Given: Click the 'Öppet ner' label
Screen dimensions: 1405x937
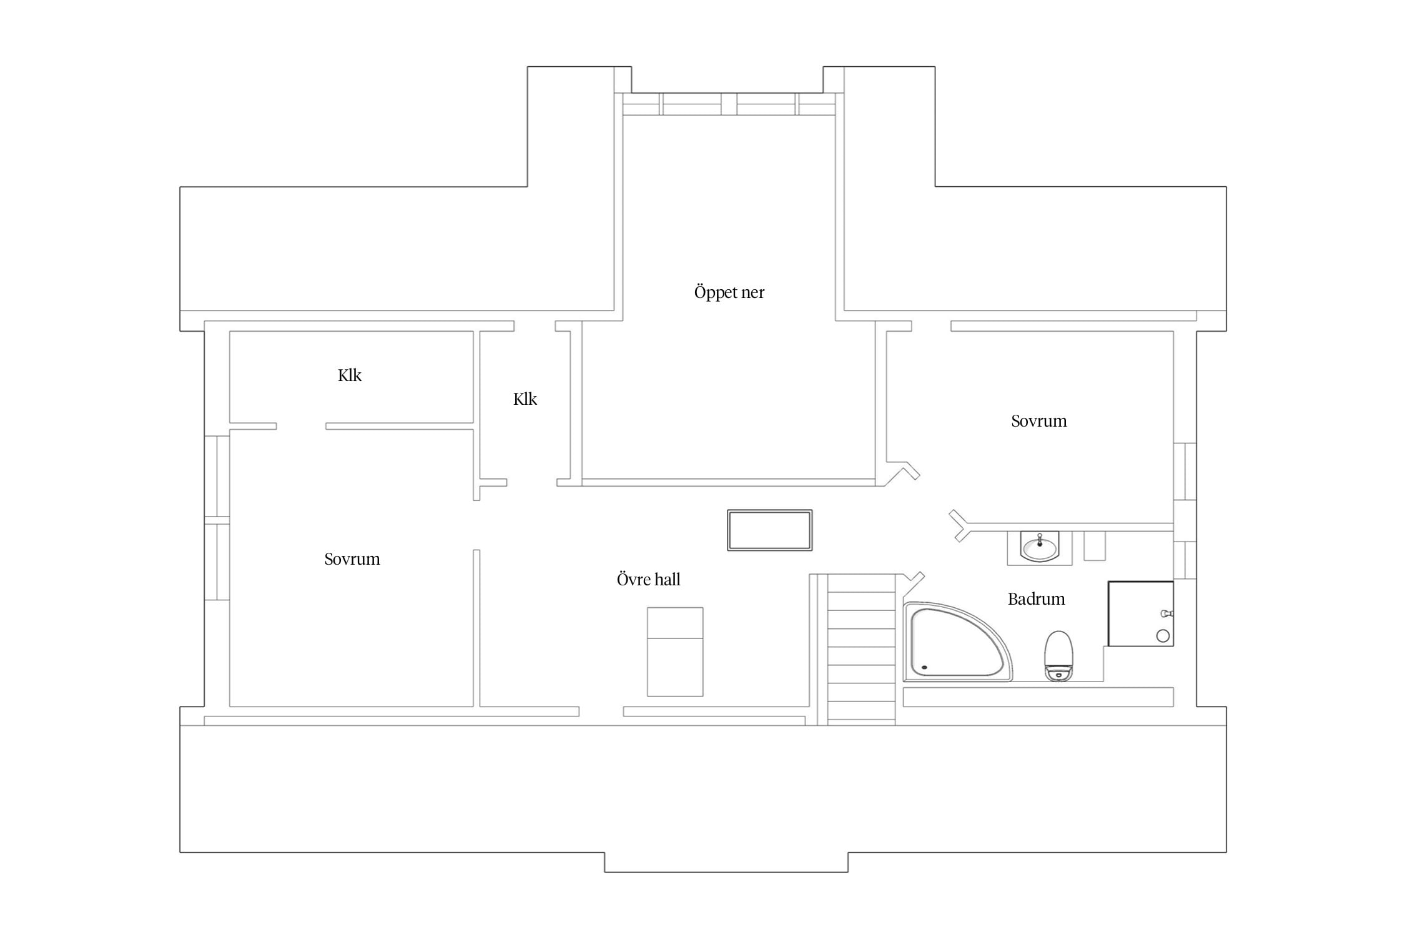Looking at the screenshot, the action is pos(729,292).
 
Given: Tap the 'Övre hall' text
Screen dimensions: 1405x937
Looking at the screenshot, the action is pos(648,579).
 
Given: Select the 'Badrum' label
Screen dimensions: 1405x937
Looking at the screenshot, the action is pos(1036,599).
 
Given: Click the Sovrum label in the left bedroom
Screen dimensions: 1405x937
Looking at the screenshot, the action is pos(352,559).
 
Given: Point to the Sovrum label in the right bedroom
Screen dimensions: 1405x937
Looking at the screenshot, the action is pos(1039,421).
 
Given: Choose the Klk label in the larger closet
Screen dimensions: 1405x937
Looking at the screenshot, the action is pos(350,375).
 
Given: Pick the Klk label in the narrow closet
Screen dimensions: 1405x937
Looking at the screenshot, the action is pos(525,399).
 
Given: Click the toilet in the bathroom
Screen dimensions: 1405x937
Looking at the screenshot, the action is pos(1058,655).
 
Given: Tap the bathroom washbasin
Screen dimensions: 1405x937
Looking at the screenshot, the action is pos(1039,547).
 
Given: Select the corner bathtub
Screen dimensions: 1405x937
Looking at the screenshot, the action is pos(957,642).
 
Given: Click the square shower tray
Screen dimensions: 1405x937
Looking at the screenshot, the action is pos(1141,613).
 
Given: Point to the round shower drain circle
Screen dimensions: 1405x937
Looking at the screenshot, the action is pos(1163,636).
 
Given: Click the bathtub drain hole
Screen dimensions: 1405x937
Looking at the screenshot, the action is pos(924,667).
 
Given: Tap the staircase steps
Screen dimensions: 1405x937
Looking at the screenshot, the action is pos(861,650).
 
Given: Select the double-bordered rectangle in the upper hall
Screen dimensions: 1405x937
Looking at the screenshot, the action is pos(770,530).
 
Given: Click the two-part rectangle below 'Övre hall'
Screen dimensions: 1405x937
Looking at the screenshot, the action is pos(675,652).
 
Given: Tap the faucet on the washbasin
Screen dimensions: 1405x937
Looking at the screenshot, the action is pos(1039,540).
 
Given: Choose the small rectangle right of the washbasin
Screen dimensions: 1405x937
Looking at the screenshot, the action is pos(1095,545).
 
